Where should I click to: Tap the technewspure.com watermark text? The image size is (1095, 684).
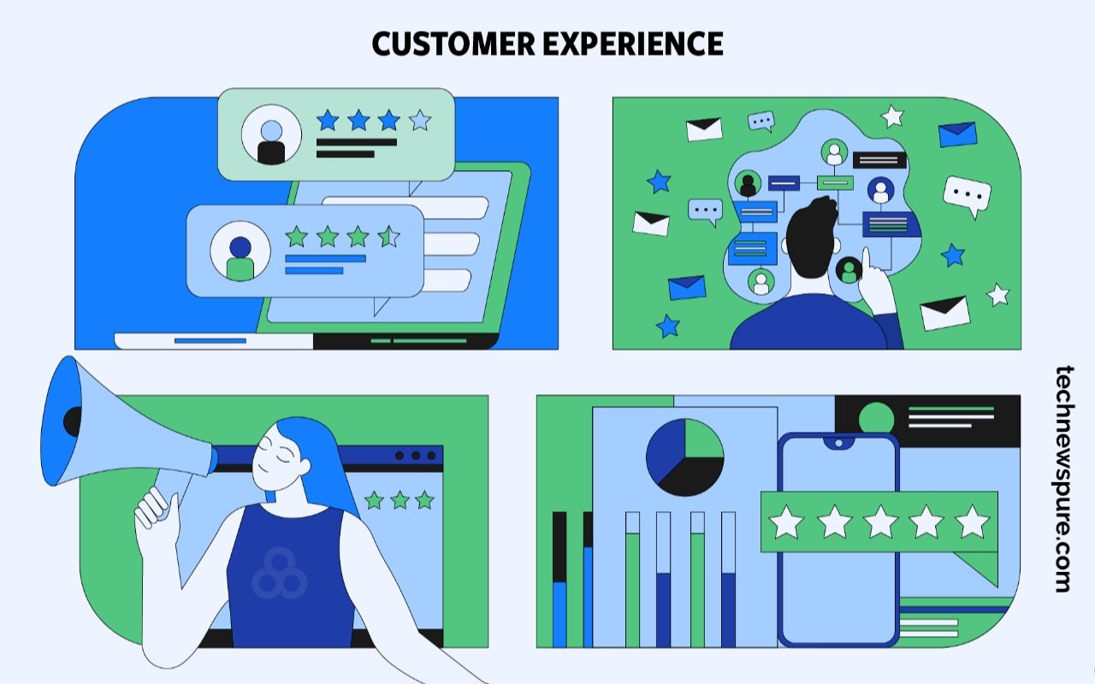1063,479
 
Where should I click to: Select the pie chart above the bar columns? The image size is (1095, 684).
684,457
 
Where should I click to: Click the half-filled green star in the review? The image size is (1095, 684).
388,236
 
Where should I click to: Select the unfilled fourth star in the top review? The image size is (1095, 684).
419,120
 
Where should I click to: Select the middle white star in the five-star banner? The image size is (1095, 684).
880,522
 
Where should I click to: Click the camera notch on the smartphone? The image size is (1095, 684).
838,443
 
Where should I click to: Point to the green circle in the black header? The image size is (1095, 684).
876,418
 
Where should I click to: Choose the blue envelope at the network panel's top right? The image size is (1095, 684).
957,134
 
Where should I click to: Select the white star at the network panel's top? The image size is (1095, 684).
892,115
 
